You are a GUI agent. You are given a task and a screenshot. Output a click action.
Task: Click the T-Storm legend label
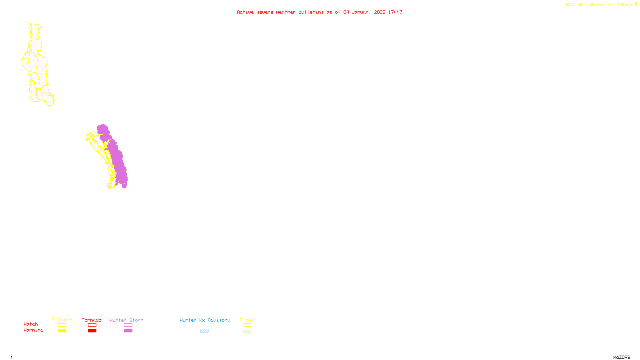click(x=62, y=320)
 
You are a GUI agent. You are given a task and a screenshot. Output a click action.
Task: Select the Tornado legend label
click(x=92, y=320)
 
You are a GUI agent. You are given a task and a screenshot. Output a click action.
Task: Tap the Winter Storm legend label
click(x=126, y=320)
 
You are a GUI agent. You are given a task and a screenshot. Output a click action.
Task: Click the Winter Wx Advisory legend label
click(x=205, y=320)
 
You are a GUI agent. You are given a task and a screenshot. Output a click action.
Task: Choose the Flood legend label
click(x=247, y=320)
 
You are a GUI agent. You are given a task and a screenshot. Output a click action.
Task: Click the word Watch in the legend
click(x=31, y=324)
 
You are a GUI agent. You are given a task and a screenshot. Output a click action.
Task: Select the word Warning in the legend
click(x=34, y=330)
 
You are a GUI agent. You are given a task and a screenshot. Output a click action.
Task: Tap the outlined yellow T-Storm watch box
click(x=62, y=325)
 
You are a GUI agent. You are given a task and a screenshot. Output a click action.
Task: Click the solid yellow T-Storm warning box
click(x=62, y=331)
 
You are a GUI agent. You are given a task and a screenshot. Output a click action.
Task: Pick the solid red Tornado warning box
click(x=92, y=331)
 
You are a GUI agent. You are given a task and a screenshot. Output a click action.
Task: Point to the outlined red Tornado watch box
click(x=92, y=325)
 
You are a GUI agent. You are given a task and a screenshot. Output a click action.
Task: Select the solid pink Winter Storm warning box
click(x=128, y=331)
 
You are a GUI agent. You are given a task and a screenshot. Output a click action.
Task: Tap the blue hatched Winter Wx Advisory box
click(x=204, y=331)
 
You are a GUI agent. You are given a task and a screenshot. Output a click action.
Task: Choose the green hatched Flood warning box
click(x=247, y=331)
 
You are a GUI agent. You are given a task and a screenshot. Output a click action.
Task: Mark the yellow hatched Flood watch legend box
click(x=247, y=325)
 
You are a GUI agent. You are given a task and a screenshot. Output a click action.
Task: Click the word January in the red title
click(x=362, y=12)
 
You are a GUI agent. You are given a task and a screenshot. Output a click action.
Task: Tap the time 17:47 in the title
click(x=395, y=12)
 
